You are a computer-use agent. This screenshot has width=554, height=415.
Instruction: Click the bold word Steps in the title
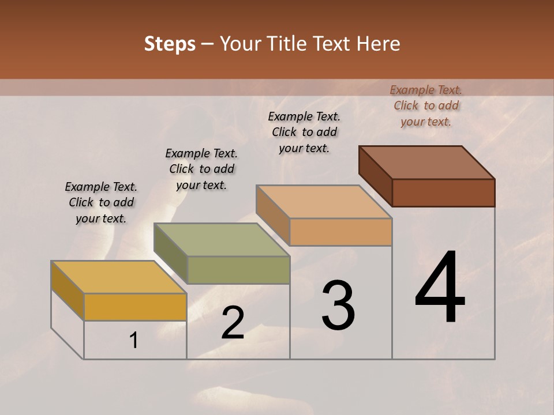(x=170, y=44)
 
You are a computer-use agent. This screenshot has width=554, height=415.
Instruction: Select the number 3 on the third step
(x=338, y=305)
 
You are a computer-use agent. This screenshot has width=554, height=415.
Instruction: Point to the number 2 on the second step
(x=233, y=323)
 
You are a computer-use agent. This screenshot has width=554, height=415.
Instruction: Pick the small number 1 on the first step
(x=134, y=341)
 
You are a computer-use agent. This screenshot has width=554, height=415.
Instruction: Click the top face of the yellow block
(x=118, y=277)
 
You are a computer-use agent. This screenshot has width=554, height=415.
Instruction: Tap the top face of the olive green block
(x=220, y=240)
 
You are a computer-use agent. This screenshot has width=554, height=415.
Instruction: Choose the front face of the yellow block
(x=135, y=307)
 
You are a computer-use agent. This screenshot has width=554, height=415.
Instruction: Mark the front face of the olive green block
(x=238, y=270)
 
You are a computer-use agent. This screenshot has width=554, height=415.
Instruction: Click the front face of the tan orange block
(x=340, y=232)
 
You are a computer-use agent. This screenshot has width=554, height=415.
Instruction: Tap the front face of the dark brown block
(x=443, y=193)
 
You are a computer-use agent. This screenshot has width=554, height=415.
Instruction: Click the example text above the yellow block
(x=101, y=202)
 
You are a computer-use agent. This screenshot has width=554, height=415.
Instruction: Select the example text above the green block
(x=201, y=169)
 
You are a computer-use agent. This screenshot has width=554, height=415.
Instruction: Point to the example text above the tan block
(x=304, y=132)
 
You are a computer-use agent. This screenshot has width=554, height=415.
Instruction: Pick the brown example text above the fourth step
(x=426, y=105)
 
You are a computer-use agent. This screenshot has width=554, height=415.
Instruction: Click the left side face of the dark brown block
(x=375, y=176)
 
